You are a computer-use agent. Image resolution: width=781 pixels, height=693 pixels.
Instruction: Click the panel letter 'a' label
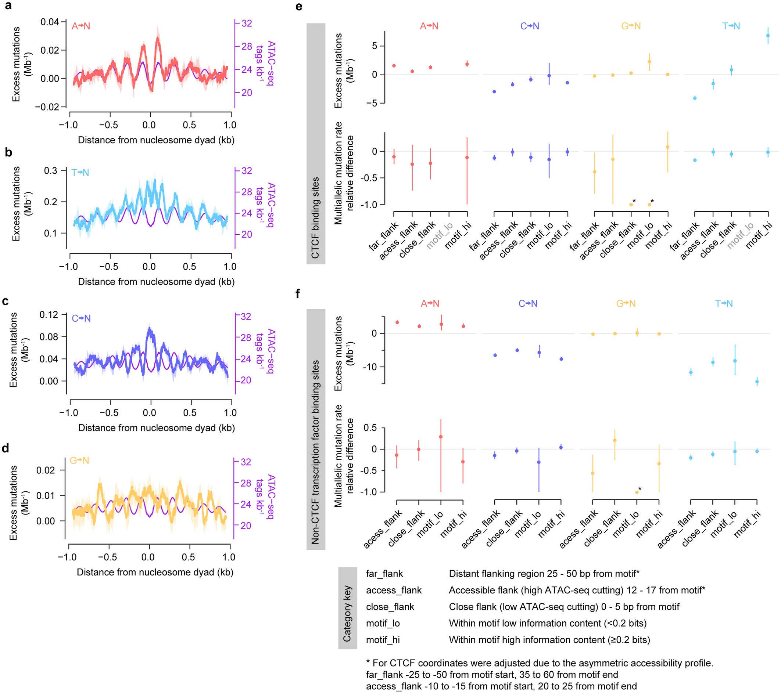(7, 6)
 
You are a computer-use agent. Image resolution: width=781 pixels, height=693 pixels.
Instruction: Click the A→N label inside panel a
(80, 26)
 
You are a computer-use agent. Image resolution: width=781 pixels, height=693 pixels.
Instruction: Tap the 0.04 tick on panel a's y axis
(50, 22)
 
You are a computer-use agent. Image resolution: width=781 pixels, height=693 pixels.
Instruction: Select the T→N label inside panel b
(80, 173)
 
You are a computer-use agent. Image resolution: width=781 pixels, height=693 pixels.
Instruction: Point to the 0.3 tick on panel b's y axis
(50, 171)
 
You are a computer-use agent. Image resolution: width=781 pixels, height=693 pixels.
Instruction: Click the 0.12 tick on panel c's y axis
(49, 315)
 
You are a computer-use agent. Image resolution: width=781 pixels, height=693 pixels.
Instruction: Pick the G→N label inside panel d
(79, 461)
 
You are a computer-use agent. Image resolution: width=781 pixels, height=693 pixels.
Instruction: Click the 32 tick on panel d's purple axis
(246, 462)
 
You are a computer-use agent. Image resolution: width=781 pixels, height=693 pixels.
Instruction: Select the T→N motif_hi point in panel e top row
(768, 36)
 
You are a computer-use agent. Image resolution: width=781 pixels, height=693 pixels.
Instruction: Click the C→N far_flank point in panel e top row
(494, 92)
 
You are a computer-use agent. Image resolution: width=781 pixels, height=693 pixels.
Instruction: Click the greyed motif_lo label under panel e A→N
(440, 235)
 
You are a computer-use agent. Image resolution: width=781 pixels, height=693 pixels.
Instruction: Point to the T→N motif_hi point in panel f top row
(757, 382)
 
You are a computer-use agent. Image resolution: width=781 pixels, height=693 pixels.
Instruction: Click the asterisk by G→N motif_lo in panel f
(640, 489)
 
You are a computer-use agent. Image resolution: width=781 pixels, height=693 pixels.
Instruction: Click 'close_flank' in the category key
(390, 607)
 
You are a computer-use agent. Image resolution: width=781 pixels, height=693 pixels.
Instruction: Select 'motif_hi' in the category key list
(383, 640)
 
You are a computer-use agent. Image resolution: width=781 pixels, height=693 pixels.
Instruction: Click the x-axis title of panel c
(156, 427)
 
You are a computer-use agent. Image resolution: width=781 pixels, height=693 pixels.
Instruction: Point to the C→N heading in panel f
(528, 304)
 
